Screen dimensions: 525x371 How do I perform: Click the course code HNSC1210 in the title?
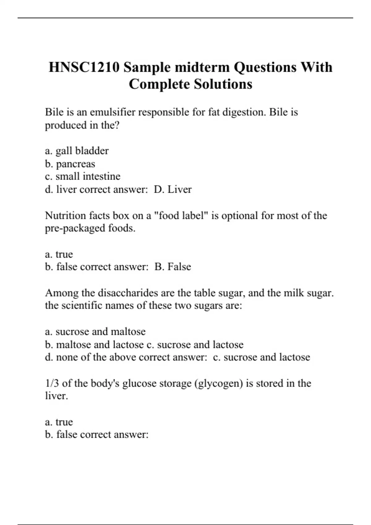(x=84, y=67)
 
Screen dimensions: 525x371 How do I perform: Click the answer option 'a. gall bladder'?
(x=77, y=151)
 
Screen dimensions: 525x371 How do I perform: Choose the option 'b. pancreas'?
(x=70, y=164)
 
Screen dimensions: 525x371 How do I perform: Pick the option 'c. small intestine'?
(x=83, y=176)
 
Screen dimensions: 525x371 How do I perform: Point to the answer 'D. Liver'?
(x=173, y=189)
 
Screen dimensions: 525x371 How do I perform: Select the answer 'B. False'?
(x=173, y=267)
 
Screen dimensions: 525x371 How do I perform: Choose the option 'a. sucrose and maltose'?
(x=95, y=331)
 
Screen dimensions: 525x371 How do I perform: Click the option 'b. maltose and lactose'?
(x=94, y=344)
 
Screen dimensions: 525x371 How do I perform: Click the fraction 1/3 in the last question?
(x=52, y=383)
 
